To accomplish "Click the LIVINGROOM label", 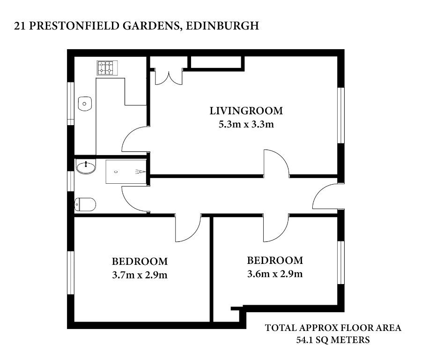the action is (x=246, y=111).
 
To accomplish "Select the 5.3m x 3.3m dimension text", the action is (x=246, y=124).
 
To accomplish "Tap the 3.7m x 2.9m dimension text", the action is (x=140, y=275).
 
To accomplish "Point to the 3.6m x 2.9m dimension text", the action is (x=275, y=274).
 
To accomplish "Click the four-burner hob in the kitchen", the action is (x=107, y=67).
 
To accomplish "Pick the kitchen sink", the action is (x=85, y=104).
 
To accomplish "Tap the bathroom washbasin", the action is (x=86, y=166).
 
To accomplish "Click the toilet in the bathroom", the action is (x=85, y=205).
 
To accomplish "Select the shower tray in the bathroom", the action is (x=126, y=172).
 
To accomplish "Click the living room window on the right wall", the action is (x=341, y=115).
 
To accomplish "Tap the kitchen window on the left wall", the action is (x=70, y=104).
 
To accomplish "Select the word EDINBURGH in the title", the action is (x=222, y=26).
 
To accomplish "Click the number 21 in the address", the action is (x=20, y=26).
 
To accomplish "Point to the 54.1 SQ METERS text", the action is (x=333, y=340).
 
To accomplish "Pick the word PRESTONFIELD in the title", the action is (x=74, y=26).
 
